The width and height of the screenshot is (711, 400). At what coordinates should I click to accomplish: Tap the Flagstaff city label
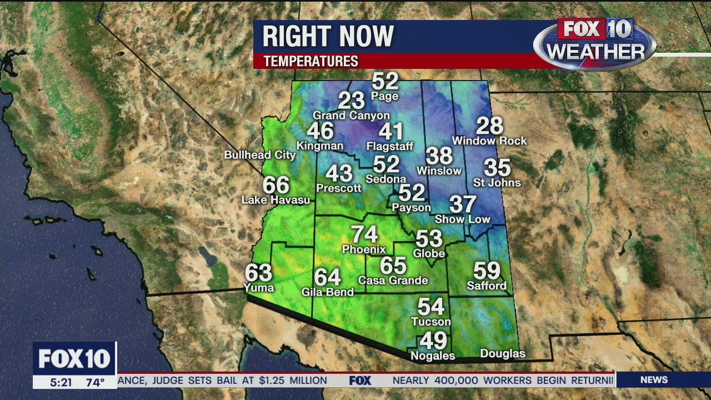coord(390,147)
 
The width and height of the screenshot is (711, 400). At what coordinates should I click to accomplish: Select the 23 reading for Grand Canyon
coord(351,101)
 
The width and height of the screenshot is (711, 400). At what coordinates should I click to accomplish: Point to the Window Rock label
coord(489,141)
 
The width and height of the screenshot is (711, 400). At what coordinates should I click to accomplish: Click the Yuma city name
coord(259,288)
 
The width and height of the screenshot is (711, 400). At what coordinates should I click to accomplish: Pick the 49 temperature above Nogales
coord(433,341)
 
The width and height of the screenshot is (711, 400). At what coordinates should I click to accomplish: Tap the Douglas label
coord(502,354)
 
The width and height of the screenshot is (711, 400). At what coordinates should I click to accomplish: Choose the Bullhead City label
coord(260,155)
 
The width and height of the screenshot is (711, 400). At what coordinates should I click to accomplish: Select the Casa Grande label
coord(393,281)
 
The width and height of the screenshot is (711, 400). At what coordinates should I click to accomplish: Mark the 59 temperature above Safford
coord(487,271)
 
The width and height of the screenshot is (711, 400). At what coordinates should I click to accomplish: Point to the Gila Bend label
coord(327,292)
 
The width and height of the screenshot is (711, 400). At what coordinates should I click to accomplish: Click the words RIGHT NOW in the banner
coord(328,37)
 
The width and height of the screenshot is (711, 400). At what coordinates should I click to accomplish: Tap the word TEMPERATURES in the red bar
coord(311,61)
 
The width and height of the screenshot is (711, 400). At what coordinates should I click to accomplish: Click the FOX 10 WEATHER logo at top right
coord(595,42)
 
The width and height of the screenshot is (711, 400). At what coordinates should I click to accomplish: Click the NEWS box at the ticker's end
coord(654,380)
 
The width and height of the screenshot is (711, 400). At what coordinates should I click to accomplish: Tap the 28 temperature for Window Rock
coord(489,126)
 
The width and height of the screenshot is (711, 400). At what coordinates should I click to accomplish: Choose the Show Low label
coord(462,219)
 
